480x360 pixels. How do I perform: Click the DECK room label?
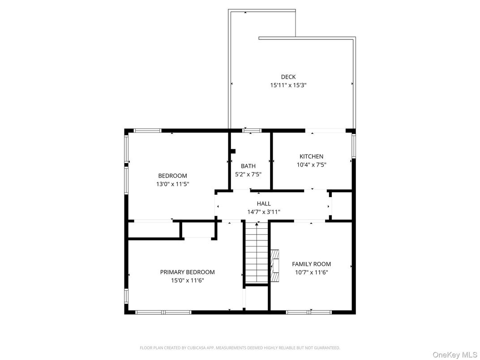click(x=288, y=77)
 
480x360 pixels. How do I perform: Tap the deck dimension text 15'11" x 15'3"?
click(x=288, y=85)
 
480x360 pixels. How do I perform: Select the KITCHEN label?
click(x=311, y=156)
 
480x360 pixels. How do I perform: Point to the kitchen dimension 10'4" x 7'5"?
click(x=311, y=165)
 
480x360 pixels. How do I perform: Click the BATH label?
click(x=248, y=166)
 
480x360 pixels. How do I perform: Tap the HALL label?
click(x=264, y=204)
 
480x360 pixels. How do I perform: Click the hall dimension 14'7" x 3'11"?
click(x=264, y=212)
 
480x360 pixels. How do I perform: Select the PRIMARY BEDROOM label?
click(x=187, y=272)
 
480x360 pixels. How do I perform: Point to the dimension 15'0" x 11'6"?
click(x=187, y=280)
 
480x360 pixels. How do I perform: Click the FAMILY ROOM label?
click(x=311, y=264)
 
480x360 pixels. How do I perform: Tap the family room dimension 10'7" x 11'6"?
click(x=311, y=272)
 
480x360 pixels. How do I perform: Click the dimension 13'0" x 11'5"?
click(x=173, y=184)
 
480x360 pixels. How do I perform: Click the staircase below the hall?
click(x=257, y=253)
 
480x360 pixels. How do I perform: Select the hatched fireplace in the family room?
click(x=275, y=265)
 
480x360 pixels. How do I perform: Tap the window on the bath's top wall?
click(x=252, y=131)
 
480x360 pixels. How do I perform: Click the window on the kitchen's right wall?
click(x=354, y=146)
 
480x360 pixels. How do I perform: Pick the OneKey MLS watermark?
click(x=454, y=355)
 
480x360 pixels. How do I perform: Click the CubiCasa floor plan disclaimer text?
click(x=240, y=348)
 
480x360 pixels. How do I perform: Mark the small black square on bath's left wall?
click(x=233, y=151)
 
